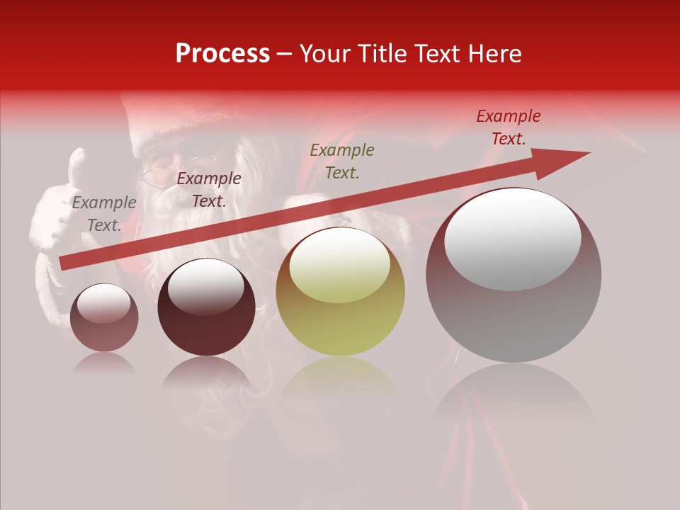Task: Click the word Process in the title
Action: (222, 54)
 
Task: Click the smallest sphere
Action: (104, 317)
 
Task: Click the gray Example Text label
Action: (104, 214)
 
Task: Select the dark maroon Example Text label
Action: (208, 190)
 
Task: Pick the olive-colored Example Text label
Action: (342, 161)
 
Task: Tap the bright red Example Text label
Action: (508, 127)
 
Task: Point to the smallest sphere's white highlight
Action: (103, 304)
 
